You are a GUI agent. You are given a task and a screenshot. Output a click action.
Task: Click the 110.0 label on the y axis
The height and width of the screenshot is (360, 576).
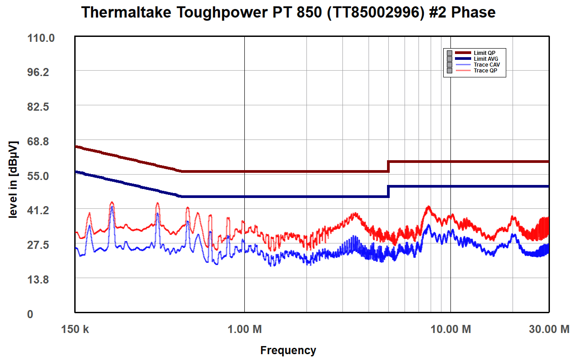point(41,38)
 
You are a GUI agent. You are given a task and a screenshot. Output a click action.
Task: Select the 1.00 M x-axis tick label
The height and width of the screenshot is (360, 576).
point(245,329)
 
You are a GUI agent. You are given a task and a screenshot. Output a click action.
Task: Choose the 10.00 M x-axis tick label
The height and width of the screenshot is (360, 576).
point(450,329)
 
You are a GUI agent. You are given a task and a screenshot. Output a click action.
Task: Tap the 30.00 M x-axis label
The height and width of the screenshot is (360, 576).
point(549,329)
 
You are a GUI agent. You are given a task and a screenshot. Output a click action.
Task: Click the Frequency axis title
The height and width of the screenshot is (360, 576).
point(288,351)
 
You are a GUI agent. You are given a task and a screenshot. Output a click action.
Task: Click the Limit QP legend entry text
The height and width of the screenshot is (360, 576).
point(485,53)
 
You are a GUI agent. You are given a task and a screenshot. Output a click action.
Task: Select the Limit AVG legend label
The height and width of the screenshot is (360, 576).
point(486,59)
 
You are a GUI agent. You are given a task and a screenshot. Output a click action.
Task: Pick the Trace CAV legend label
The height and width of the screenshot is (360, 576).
point(487,65)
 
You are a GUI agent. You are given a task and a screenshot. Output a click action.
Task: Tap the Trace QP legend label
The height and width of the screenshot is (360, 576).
point(486,71)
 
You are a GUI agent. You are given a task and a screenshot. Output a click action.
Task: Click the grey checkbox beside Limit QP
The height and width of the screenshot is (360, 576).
point(449,53)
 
